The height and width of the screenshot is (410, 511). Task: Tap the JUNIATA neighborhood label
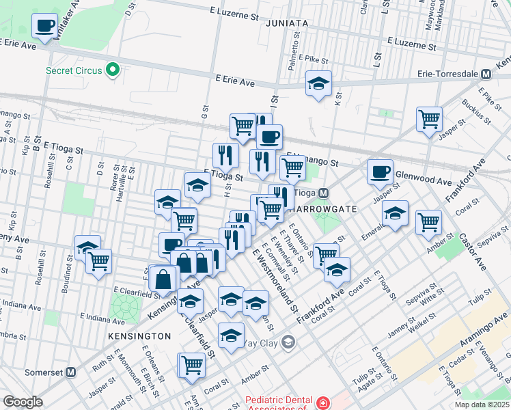(282, 23)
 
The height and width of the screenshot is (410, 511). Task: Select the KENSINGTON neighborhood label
(139, 336)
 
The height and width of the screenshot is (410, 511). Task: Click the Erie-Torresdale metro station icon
(486, 73)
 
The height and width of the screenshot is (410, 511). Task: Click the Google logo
(23, 402)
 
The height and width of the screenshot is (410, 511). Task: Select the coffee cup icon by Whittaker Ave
(45, 27)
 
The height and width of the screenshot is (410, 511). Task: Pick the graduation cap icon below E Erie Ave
(318, 84)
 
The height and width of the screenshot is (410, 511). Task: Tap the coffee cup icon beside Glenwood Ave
(380, 172)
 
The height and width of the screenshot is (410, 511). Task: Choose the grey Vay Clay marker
(289, 341)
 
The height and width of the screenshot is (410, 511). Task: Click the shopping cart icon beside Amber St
(428, 221)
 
